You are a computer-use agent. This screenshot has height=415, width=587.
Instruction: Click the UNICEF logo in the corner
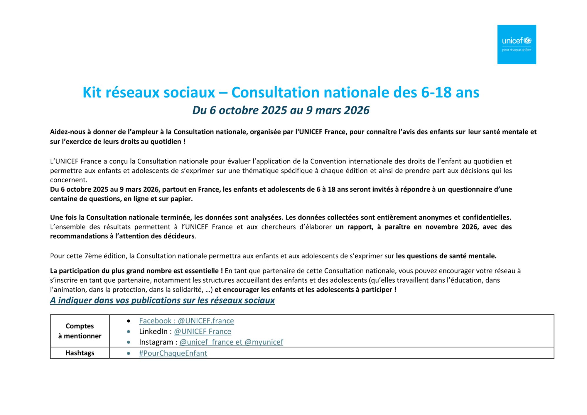pyautogui.click(x=517, y=44)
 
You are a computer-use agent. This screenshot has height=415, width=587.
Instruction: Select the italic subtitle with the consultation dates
pyautogui.click(x=281, y=110)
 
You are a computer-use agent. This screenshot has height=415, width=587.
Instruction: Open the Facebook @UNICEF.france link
pyautogui.click(x=186, y=321)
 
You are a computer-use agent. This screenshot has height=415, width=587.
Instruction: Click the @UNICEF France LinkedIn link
pyautogui.click(x=203, y=331)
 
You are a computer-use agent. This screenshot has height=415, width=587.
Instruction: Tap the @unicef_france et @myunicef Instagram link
pyautogui.click(x=231, y=342)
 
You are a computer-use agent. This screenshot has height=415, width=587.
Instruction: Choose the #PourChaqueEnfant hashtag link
pyautogui.click(x=173, y=353)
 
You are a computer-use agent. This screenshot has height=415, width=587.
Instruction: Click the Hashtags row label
pyautogui.click(x=80, y=353)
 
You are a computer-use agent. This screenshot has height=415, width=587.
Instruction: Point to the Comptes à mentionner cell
pyautogui.click(x=80, y=331)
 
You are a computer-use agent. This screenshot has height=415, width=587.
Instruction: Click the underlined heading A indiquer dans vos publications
pyautogui.click(x=162, y=300)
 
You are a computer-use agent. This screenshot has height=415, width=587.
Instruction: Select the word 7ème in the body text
pyautogui.click(x=92, y=256)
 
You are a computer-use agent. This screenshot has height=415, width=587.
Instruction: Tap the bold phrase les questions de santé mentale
pyautogui.click(x=446, y=256)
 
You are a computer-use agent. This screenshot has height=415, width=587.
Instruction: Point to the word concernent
pyautogui.click(x=68, y=180)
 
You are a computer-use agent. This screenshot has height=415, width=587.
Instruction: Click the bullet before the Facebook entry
pyautogui.click(x=129, y=321)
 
